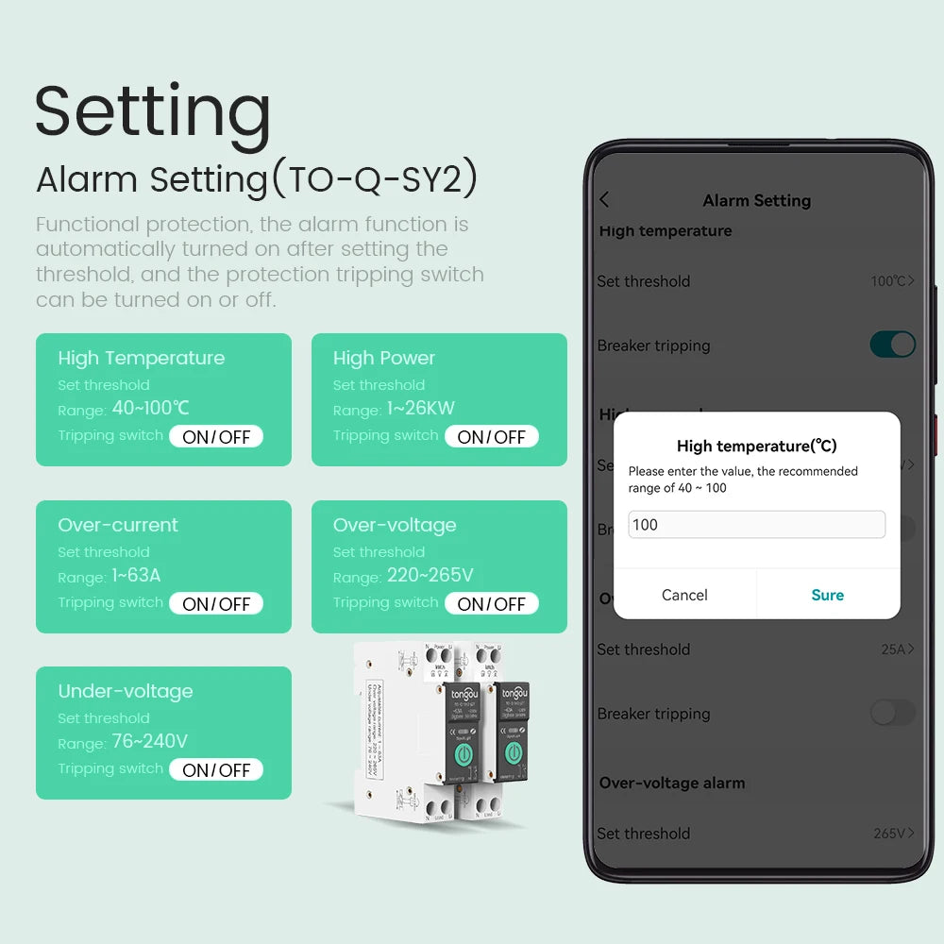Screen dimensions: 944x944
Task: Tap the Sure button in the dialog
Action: point(827,595)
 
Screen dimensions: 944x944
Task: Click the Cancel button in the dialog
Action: point(684,595)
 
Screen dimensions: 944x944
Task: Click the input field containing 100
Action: point(756,525)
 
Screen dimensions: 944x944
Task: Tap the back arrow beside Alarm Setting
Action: point(605,200)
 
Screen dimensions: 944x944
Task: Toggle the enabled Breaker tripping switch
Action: point(892,345)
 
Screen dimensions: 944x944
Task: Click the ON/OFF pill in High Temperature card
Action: point(216,437)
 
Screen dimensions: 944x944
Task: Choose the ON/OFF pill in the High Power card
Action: point(491,437)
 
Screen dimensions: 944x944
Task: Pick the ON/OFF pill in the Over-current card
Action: point(216,604)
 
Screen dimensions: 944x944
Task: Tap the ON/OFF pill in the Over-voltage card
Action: point(491,604)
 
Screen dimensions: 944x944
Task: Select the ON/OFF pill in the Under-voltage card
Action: point(216,770)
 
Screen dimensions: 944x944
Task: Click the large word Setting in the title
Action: point(153,111)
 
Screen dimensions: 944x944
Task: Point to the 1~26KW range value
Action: point(420,409)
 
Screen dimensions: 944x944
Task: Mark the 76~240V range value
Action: point(149,742)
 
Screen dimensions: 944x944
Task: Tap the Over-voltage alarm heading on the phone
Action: point(672,783)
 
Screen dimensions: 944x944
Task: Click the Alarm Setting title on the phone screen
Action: point(756,200)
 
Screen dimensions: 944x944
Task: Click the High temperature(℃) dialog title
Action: point(756,447)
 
